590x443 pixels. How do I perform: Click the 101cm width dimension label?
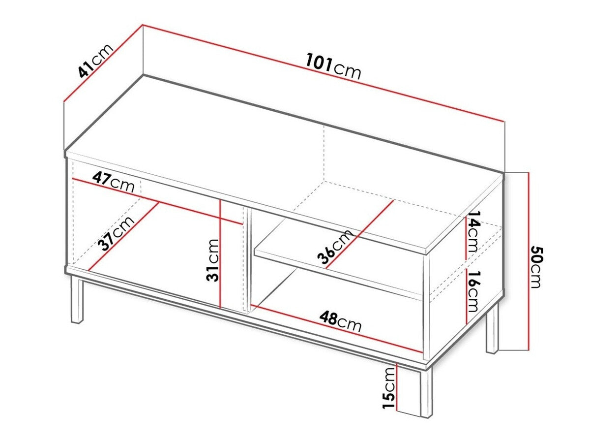333,67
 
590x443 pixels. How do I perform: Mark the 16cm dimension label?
473,291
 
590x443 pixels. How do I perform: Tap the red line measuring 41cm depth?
103,63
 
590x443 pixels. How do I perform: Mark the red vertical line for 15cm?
396,389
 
